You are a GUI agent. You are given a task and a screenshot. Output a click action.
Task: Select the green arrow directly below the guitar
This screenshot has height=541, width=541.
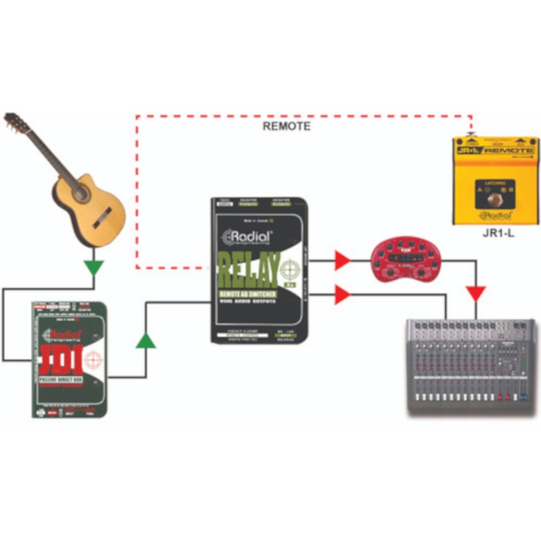pos(95,267)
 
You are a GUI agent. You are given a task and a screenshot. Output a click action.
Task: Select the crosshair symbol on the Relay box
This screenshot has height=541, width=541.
pos(293,269)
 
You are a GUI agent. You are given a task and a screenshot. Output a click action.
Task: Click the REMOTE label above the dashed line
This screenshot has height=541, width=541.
pos(286,126)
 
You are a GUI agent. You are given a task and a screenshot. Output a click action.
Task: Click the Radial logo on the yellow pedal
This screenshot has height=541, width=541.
pos(495,215)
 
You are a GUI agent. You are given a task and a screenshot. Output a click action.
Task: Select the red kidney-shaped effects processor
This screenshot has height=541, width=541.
pos(403,260)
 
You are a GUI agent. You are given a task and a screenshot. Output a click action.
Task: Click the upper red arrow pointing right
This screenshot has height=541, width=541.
pos(344,258)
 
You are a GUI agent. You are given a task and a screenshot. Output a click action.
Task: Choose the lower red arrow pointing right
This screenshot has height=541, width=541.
pos(344,294)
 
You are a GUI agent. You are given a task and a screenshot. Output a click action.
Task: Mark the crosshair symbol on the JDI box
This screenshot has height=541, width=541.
pos(95,357)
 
